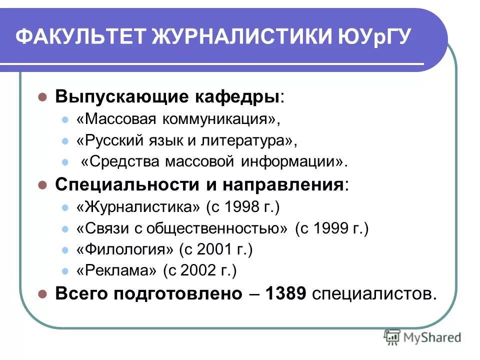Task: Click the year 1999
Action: tap(329, 228)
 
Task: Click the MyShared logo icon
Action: tap(392, 338)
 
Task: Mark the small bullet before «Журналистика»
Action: tap(64, 207)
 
